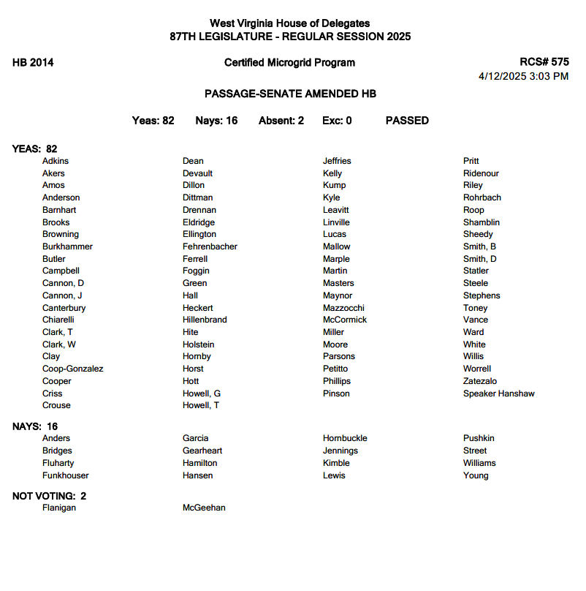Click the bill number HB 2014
(33, 63)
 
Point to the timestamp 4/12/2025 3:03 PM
(523, 76)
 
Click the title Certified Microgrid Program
(289, 63)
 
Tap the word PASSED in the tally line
(407, 121)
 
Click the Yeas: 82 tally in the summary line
(153, 121)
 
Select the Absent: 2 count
(281, 121)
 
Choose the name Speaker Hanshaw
(498, 394)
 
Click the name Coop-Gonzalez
(72, 369)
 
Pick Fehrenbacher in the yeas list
(210, 246)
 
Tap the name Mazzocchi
(343, 308)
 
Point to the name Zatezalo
(479, 381)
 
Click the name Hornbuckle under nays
(345, 438)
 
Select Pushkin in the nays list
(479, 438)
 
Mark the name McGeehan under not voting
(204, 508)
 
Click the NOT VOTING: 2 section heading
(50, 496)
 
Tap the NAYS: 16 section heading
(35, 426)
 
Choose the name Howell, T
(200, 405)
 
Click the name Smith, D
(479, 259)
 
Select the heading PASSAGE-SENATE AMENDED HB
(290, 94)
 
